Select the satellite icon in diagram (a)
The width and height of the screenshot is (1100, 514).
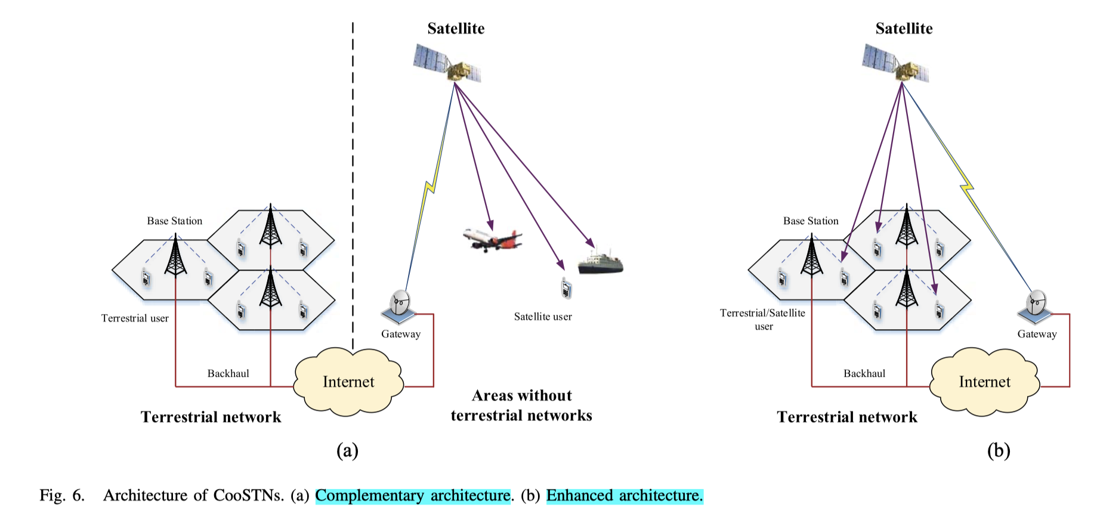[x=447, y=63]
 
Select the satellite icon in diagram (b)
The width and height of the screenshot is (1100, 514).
[x=895, y=63]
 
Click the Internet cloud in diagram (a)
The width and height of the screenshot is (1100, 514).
[x=349, y=382]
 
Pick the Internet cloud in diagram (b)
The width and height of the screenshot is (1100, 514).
[x=985, y=382]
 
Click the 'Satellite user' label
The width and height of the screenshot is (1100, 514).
[x=543, y=317]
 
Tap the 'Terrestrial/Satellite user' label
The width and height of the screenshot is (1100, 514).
[x=762, y=320]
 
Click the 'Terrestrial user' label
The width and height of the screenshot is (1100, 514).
[x=135, y=318]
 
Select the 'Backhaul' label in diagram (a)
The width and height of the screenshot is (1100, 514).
[x=228, y=373]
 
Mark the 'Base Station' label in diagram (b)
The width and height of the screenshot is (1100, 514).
[x=811, y=221]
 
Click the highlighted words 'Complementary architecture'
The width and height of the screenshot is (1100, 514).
[x=413, y=496]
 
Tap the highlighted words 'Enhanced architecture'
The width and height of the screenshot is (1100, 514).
[x=625, y=496]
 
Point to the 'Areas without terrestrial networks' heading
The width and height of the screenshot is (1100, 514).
[x=522, y=405]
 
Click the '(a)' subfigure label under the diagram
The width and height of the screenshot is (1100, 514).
[x=347, y=450]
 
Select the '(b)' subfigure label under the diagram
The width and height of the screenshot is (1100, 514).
[x=999, y=450]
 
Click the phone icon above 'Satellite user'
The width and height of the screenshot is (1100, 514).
[x=566, y=289]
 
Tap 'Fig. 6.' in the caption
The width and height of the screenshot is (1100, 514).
[x=62, y=496]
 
